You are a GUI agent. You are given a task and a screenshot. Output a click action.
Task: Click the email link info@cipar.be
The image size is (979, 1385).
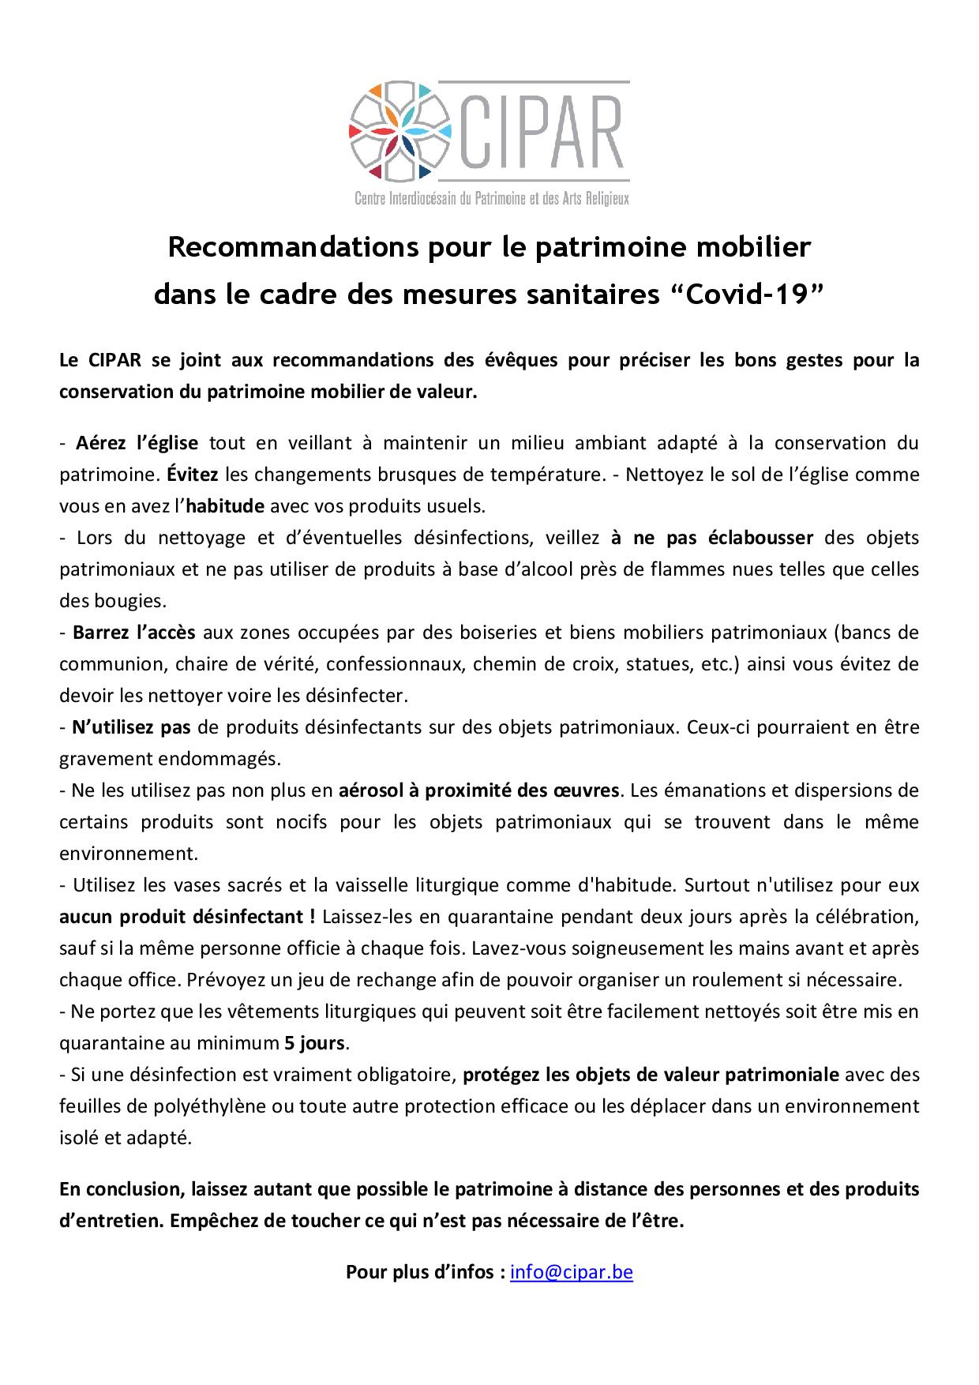point(572,1272)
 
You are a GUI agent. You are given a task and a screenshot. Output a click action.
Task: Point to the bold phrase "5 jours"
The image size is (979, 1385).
point(314,1043)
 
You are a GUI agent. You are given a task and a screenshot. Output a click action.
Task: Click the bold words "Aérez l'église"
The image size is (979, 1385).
point(136,443)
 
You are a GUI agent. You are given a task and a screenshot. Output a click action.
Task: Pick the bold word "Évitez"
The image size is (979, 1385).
point(193,475)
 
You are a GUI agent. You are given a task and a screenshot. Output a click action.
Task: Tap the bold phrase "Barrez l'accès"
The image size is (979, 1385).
point(133,632)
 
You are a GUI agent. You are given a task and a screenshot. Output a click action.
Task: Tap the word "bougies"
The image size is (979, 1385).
point(127,601)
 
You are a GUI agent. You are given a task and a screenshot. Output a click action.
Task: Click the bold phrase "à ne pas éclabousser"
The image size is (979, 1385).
point(712,538)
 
